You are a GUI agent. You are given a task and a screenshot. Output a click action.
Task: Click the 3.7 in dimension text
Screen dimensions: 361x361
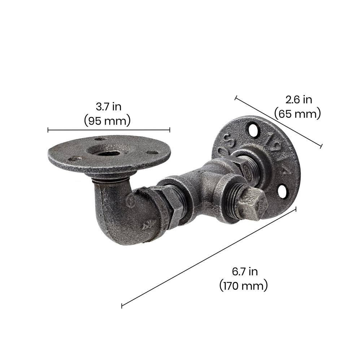point(108,107)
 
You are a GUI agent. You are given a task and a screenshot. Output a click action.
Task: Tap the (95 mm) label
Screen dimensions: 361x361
point(107,121)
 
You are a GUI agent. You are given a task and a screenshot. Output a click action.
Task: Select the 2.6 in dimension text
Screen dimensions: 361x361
point(299,99)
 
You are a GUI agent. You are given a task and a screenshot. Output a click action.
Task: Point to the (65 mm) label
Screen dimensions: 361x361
point(297,114)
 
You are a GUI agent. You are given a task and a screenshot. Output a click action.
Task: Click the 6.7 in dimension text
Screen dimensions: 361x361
point(244,271)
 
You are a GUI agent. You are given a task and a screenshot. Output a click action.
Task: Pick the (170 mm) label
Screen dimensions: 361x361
point(244,286)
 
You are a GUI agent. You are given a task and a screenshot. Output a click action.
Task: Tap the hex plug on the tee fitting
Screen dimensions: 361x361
point(252,204)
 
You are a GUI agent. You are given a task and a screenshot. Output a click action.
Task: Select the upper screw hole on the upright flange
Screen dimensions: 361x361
point(253,130)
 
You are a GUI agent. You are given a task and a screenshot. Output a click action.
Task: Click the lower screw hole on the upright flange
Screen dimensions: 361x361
point(283,191)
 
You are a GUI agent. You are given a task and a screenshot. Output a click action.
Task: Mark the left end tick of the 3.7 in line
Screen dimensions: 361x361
point(48,130)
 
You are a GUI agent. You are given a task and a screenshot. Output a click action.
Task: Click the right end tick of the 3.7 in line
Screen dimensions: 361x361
point(170,130)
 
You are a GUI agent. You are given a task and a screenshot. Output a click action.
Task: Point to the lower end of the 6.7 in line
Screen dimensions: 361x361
point(122,306)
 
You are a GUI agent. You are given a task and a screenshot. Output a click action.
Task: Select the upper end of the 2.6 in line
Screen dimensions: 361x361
point(236,97)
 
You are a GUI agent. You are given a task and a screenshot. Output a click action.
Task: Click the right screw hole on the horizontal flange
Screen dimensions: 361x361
point(153,152)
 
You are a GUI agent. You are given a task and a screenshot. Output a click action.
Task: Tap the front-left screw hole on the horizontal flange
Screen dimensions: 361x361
point(74,158)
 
